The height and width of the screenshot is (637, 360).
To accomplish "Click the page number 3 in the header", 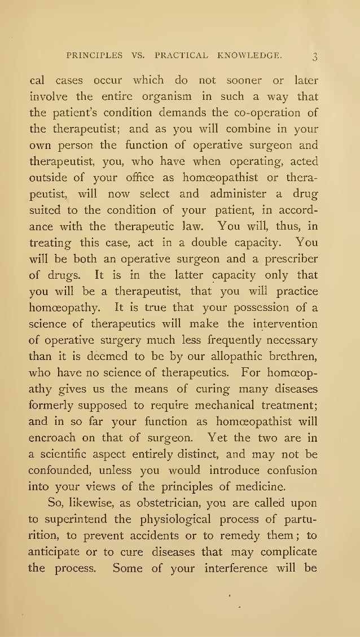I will [x=315, y=57].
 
